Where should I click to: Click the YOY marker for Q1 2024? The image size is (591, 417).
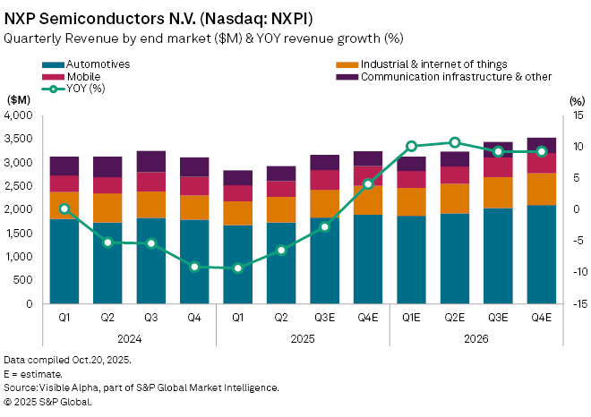point(64,208)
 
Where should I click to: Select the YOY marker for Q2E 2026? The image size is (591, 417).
point(455,142)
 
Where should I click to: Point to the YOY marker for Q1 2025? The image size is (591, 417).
point(238,268)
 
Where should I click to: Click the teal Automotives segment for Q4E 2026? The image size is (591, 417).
point(542,255)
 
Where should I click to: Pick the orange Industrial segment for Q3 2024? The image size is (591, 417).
point(151,205)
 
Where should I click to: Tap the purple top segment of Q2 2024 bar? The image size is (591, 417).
point(108,166)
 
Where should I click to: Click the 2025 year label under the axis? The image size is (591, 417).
point(303,341)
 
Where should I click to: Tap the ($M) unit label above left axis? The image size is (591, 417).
point(19,100)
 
